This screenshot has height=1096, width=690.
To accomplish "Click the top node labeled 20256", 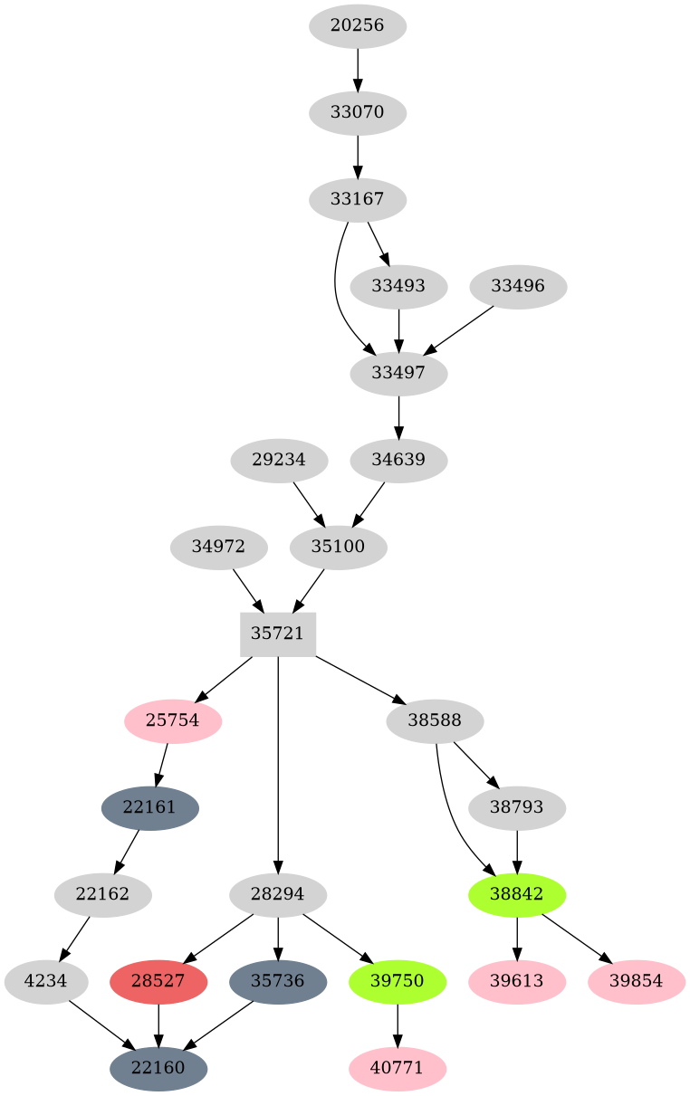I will pos(358,25).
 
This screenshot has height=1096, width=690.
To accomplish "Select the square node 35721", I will pos(278,634).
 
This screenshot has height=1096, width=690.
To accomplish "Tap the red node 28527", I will pos(159,981).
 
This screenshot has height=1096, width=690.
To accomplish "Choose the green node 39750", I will pos(398,981).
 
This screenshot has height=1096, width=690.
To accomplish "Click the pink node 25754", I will pos(173,720).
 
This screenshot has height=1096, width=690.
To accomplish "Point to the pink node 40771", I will pos(398,1068).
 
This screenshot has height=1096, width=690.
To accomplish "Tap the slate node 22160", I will pos(158,1068).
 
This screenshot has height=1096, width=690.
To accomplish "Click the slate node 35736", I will pos(278,981).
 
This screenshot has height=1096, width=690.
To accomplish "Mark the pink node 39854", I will pos(637,981).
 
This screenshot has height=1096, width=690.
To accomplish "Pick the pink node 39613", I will pos(517,981).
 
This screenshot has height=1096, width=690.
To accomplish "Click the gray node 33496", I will pos(519,286).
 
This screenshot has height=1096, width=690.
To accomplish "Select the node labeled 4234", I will pos(46,981).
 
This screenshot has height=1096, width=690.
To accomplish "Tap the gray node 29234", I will pos(278,460).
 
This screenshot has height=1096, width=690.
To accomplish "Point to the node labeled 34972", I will pos(218,547).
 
